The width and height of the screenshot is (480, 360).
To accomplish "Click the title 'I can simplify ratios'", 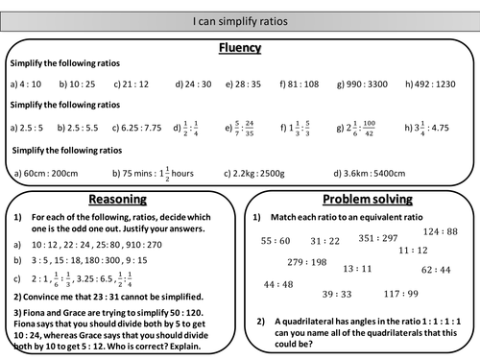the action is pyautogui.click(x=239, y=19).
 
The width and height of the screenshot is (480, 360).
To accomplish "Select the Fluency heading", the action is pyautogui.click(x=240, y=47).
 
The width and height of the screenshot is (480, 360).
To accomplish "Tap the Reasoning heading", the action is pyautogui.click(x=117, y=199).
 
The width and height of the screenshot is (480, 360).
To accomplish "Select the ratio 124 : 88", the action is pyautogui.click(x=440, y=231).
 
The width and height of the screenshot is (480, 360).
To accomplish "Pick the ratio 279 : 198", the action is pyautogui.click(x=307, y=261).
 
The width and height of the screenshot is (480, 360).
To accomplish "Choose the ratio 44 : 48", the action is pyautogui.click(x=277, y=283).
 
